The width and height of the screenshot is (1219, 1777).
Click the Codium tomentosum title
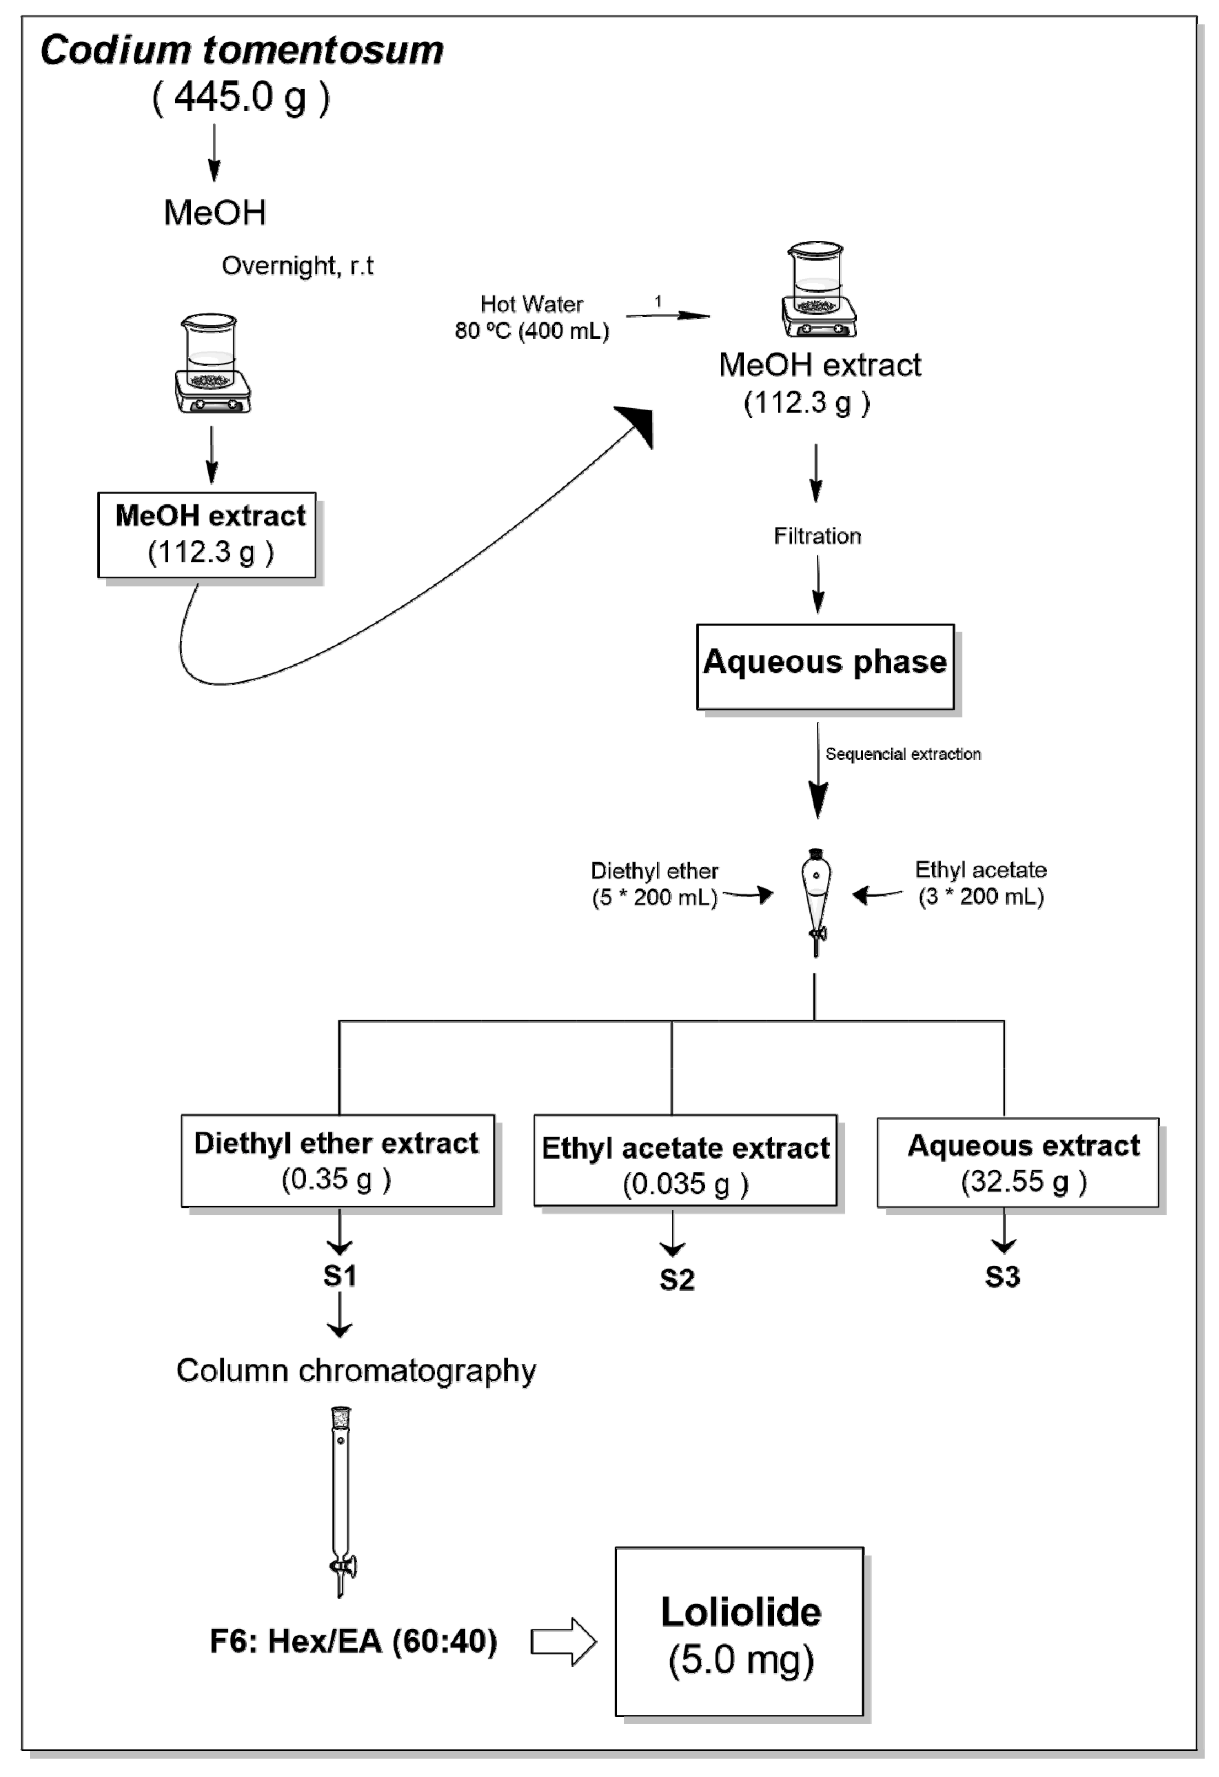tap(242, 51)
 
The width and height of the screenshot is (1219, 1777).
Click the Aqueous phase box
tap(825, 666)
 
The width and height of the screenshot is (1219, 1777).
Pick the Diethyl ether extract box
tap(337, 1161)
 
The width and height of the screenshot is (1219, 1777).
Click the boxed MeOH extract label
tap(207, 535)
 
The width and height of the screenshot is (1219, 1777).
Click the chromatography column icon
tap(341, 1501)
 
